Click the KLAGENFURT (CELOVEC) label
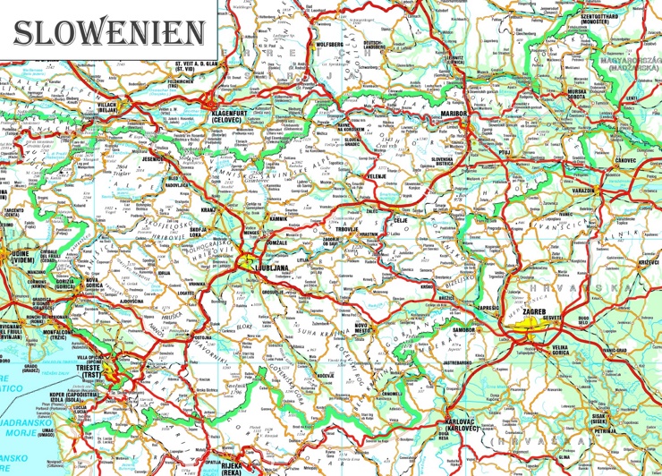(231, 118)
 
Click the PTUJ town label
(503, 153)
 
